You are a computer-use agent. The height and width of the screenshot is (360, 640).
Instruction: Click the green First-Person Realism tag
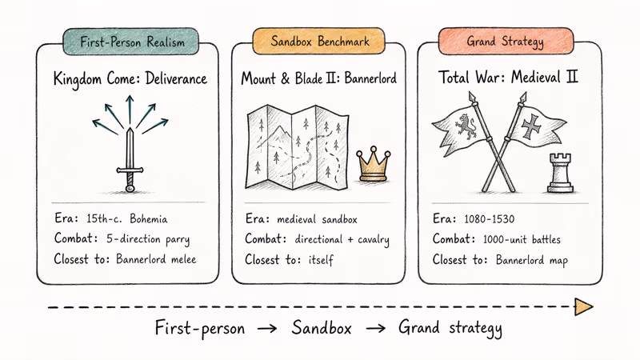coord(131,42)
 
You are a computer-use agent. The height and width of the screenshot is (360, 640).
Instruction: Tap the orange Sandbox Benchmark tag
coord(318,41)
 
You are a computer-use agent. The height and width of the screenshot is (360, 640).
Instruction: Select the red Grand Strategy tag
coord(506,41)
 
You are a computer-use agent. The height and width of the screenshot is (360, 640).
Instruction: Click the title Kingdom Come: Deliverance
coord(130,78)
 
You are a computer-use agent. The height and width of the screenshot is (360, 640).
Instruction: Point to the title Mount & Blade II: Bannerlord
coord(318,78)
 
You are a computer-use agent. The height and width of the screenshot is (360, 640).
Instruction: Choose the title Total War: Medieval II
coord(508,77)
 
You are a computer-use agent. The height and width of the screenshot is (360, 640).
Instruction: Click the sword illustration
coord(130,160)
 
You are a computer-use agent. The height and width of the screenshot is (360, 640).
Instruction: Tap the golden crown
coord(373,164)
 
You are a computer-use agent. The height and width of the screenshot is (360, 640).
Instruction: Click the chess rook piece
coord(561,173)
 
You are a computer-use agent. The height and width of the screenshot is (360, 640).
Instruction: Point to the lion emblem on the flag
coord(466,126)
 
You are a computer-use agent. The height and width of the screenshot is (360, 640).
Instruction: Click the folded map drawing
coord(297,148)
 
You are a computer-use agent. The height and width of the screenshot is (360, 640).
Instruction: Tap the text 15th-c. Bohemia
coord(127,219)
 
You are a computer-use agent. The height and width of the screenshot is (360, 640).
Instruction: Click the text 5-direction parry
coord(148,239)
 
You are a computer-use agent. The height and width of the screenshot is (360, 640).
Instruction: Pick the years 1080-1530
coord(490,219)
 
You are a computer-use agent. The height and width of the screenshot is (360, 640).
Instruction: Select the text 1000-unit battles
coord(522,239)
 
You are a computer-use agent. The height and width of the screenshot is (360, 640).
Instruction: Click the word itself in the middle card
coord(321,259)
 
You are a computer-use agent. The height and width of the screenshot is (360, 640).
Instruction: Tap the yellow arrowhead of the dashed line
coord(584,307)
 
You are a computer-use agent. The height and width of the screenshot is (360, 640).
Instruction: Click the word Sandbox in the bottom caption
coord(322,328)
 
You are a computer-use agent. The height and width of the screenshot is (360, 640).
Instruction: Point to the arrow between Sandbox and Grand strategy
coord(375,328)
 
